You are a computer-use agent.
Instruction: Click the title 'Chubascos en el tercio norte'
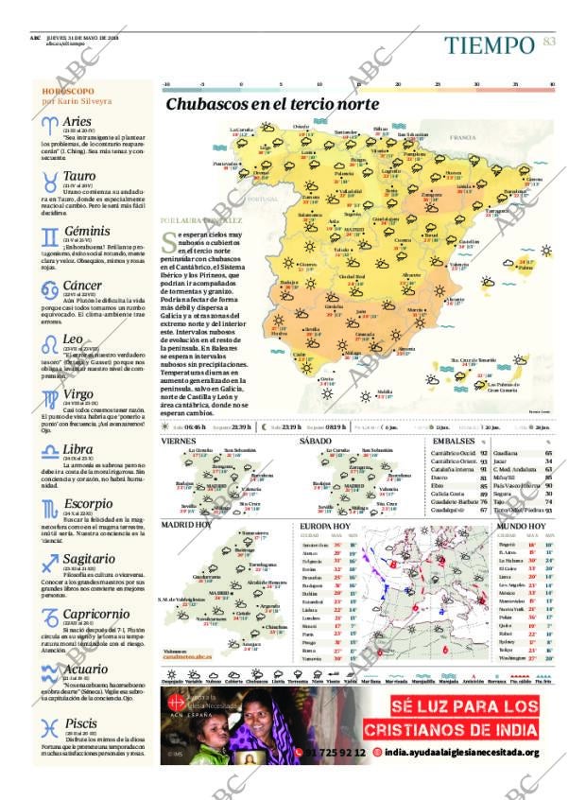coord(272,104)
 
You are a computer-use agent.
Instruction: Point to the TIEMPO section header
coord(489,44)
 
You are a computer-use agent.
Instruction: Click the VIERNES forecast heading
coord(179,441)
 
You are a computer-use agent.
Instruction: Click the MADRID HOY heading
coord(186,524)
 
